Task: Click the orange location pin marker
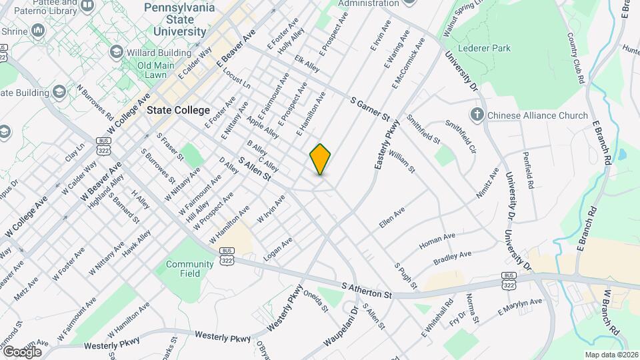tap(320, 159)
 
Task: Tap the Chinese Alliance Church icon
tap(477, 115)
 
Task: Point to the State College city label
tap(179, 110)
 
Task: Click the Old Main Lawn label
tap(151, 70)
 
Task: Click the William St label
tap(402, 161)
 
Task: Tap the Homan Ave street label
tap(437, 241)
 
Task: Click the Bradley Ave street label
tap(452, 257)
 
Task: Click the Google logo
tap(22, 351)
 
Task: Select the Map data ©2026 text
tap(611, 355)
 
